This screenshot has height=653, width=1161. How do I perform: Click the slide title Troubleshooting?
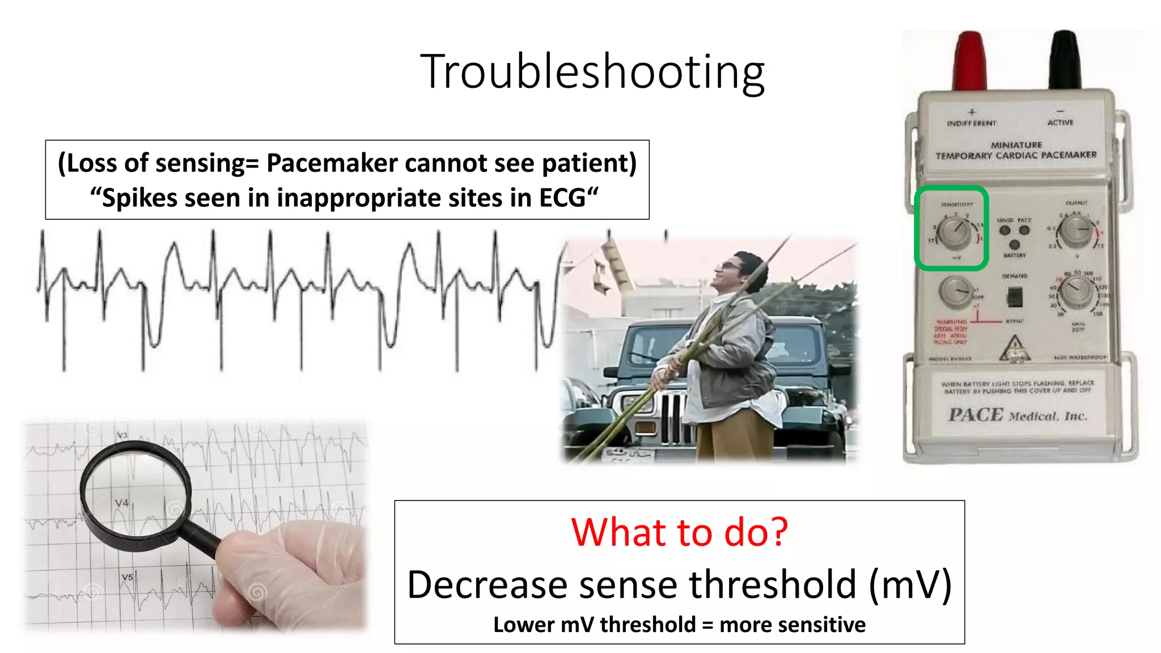(x=592, y=71)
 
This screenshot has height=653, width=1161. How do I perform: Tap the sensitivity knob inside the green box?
(x=953, y=233)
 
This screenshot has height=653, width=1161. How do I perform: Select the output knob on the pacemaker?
(x=1075, y=231)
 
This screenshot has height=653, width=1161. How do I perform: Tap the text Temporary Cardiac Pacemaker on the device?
(x=1016, y=155)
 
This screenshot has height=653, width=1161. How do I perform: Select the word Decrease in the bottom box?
(x=488, y=584)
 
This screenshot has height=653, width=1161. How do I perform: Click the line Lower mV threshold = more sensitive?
(x=679, y=625)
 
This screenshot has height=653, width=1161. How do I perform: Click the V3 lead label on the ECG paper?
(x=122, y=435)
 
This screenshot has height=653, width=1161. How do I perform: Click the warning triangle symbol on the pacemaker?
(x=1015, y=347)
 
